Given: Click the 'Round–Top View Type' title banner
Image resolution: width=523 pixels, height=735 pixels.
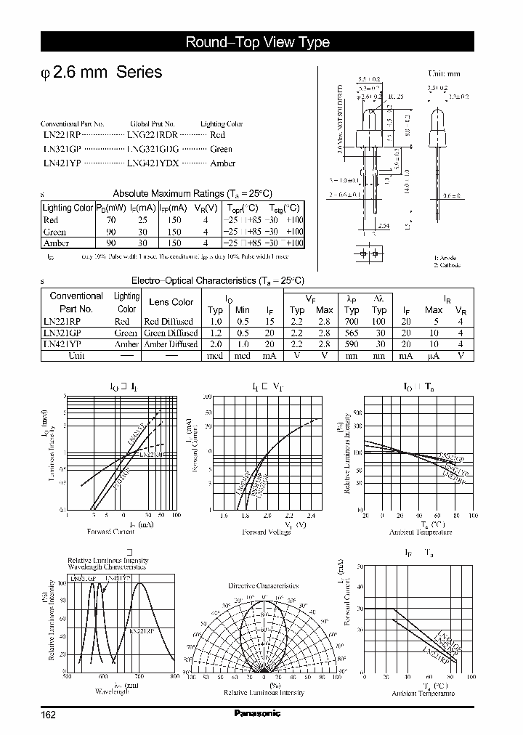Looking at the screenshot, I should pyautogui.click(x=258, y=42).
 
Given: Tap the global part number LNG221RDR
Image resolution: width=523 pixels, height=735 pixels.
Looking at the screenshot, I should pyautogui.click(x=152, y=135).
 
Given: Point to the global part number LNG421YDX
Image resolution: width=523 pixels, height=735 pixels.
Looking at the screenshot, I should pyautogui.click(x=152, y=163).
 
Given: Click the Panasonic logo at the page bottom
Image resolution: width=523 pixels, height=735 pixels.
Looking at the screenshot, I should pyautogui.click(x=257, y=713).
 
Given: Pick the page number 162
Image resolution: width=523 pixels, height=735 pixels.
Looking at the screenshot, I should pyautogui.click(x=48, y=714).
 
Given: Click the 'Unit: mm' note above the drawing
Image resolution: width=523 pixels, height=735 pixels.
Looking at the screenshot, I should pyautogui.click(x=444, y=74).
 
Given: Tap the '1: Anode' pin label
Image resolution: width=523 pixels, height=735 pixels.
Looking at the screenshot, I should pyautogui.click(x=445, y=258).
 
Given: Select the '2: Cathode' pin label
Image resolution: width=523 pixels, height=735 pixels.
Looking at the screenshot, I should pyautogui.click(x=447, y=265).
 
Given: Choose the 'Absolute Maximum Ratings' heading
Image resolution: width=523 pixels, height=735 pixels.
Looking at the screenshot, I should pyautogui.click(x=192, y=193).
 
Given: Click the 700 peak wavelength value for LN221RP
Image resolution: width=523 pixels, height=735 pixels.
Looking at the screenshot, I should pyautogui.click(x=352, y=321).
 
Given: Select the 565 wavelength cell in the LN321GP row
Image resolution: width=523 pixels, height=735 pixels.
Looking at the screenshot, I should pyautogui.click(x=352, y=333).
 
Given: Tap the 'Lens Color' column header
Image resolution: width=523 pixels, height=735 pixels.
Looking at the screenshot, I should pyautogui.click(x=171, y=302).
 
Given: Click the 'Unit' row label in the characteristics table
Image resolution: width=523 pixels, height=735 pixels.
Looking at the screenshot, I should pyautogui.click(x=76, y=356).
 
